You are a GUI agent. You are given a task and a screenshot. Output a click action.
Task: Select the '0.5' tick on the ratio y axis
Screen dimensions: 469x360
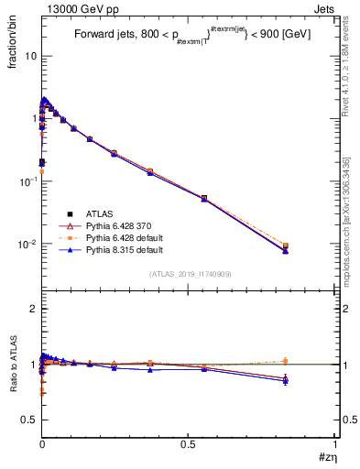pos(29,420)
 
